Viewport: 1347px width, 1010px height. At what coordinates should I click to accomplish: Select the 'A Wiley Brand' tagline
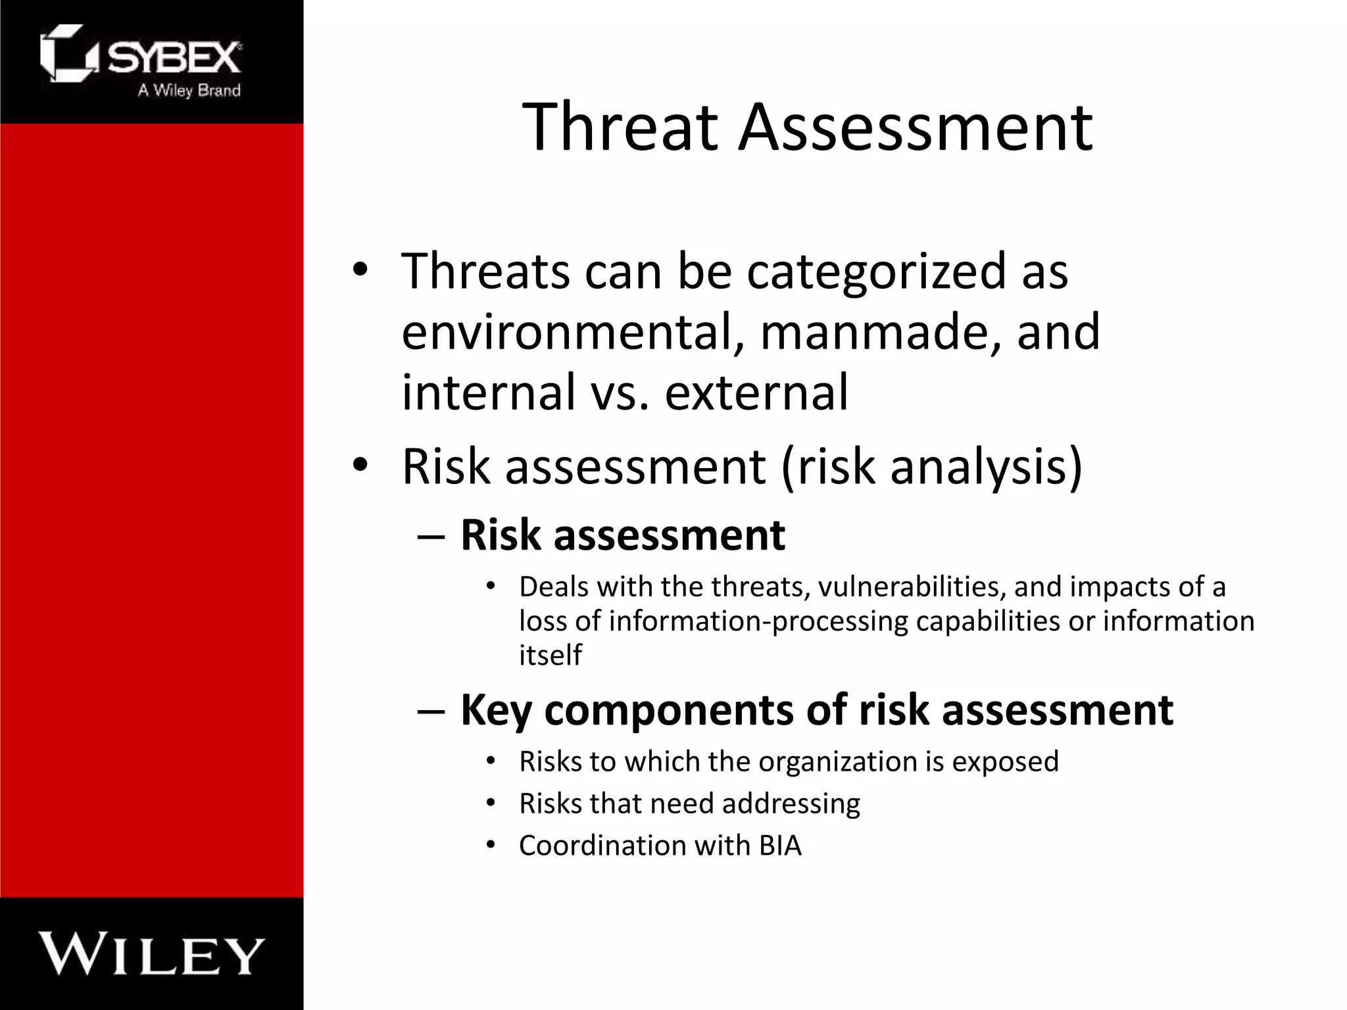point(189,91)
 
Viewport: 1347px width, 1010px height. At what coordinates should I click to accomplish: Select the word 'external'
point(756,392)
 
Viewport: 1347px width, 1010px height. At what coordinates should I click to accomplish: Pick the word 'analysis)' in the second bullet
point(986,466)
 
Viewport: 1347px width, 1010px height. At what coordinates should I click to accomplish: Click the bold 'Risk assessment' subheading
point(622,535)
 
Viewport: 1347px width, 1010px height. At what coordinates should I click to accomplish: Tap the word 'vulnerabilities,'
point(912,587)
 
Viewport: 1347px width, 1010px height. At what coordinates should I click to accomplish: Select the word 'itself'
point(550,655)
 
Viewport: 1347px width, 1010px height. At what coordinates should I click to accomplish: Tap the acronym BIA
point(780,846)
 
